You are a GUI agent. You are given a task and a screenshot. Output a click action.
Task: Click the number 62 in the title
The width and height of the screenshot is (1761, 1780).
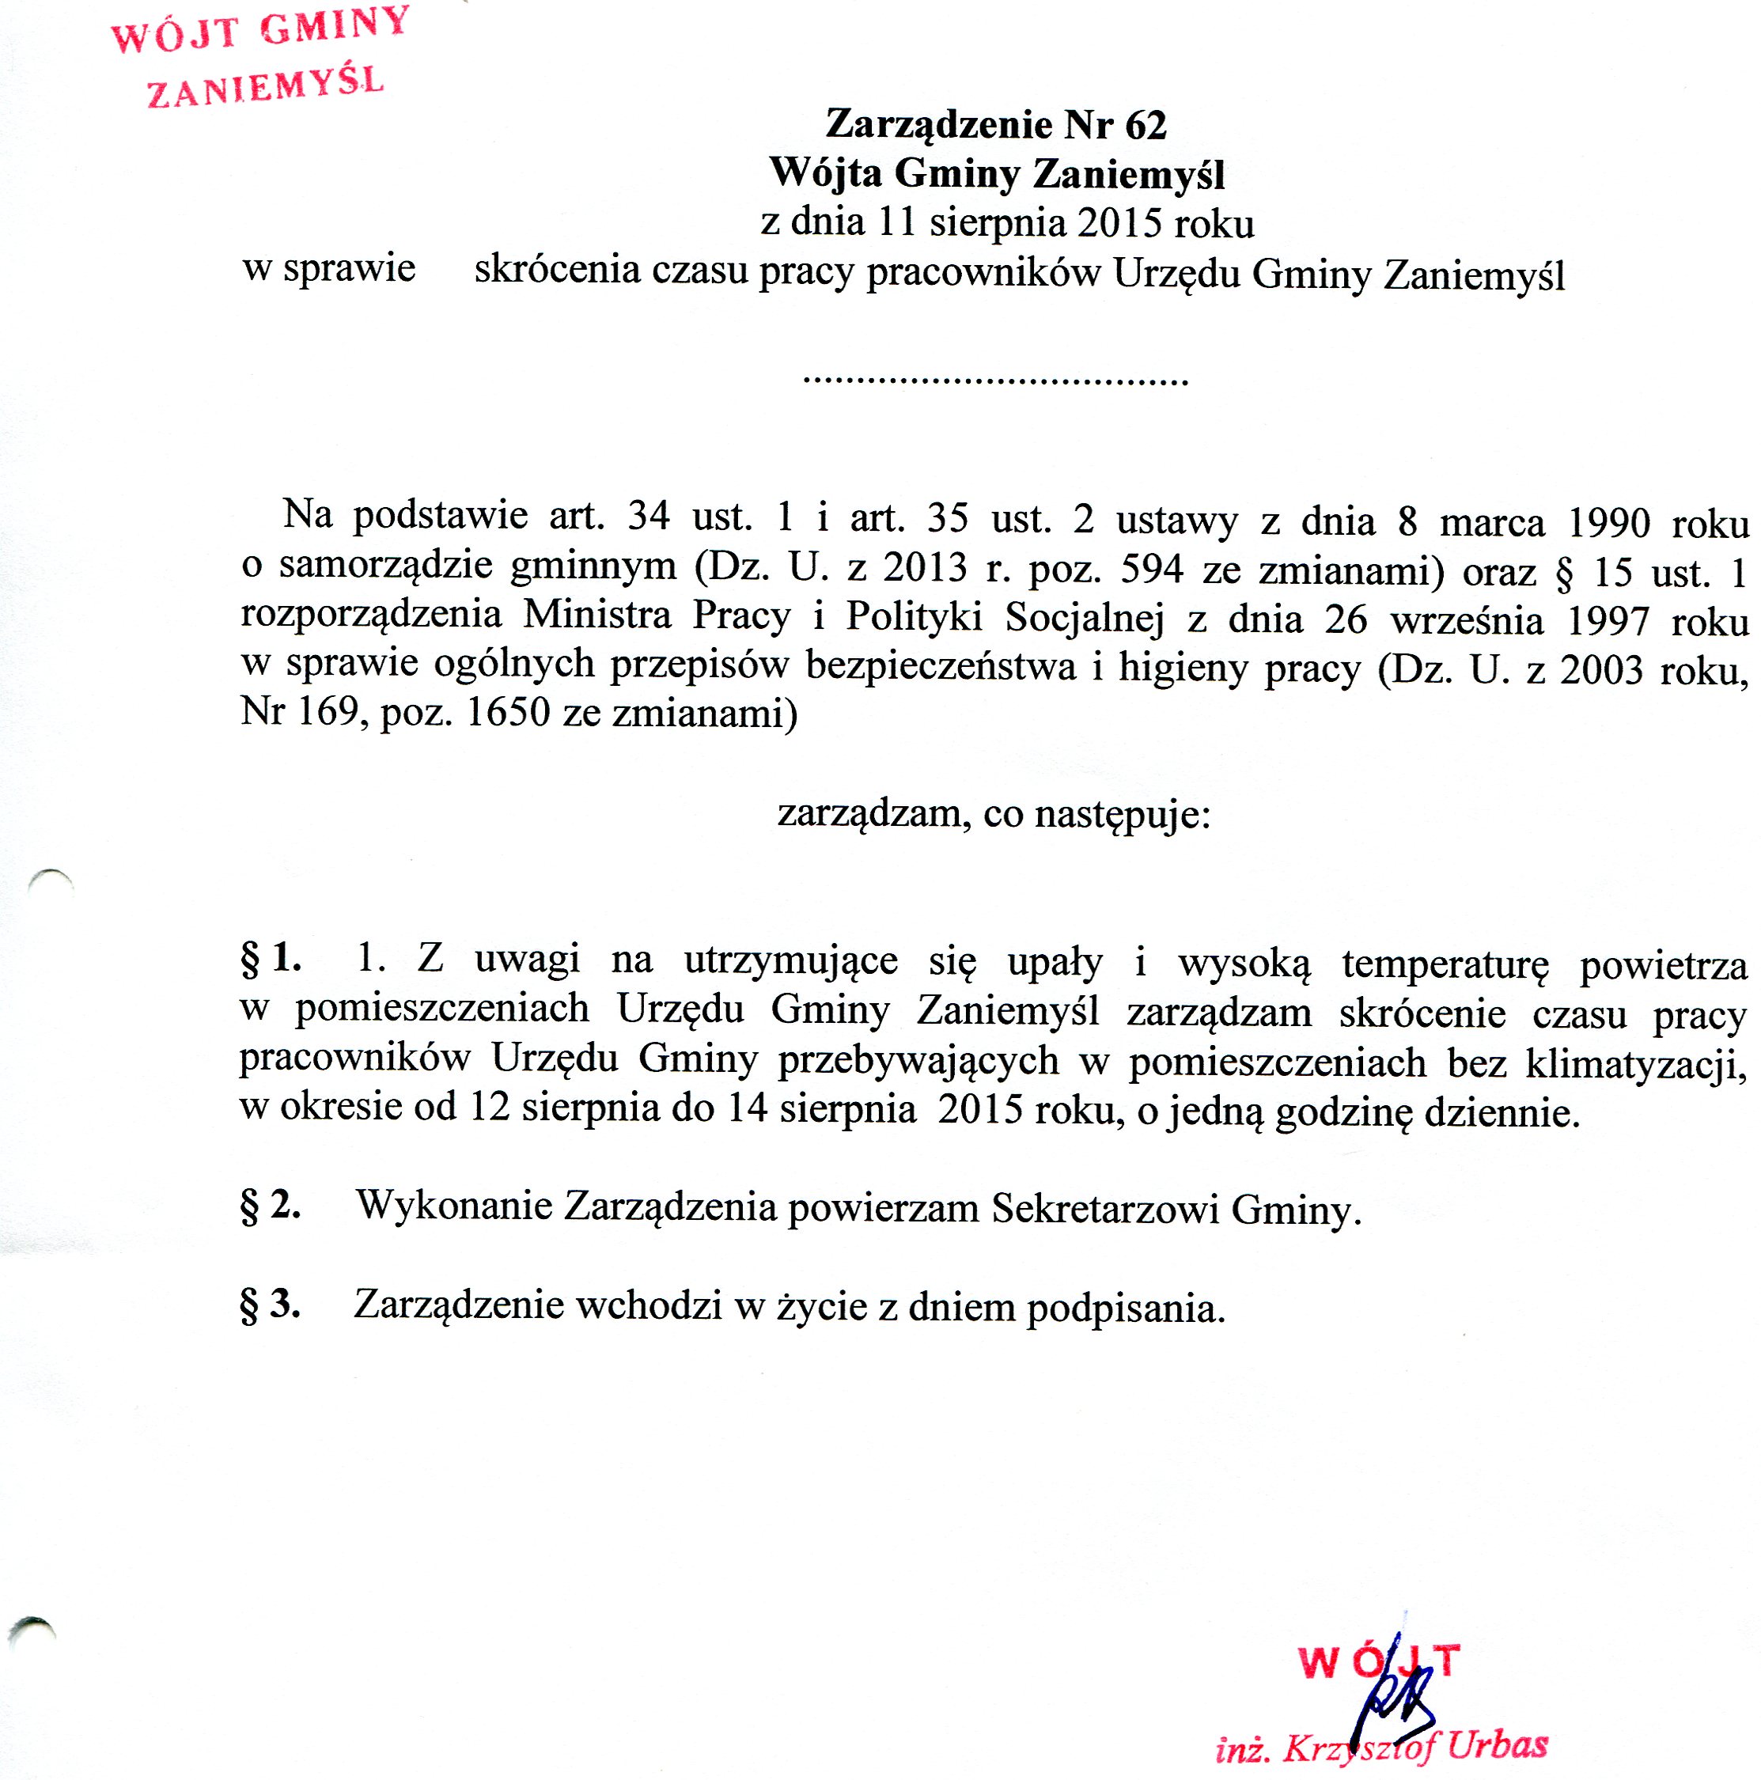(1146, 125)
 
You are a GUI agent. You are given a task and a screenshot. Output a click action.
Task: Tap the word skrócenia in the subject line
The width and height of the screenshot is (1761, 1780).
(557, 270)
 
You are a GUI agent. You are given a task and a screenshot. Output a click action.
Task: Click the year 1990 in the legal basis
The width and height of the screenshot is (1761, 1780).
(1609, 522)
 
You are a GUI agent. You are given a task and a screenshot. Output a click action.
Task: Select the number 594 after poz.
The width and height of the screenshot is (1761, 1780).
(1152, 570)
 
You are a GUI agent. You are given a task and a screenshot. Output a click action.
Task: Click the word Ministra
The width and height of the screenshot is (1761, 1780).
(597, 615)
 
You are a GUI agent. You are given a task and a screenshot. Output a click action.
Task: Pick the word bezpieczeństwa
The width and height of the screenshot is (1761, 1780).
(941, 665)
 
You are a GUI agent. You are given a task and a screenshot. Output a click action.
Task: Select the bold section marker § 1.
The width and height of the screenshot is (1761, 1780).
(270, 959)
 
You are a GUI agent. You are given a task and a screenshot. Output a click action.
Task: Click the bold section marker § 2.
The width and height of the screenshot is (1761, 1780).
(270, 1205)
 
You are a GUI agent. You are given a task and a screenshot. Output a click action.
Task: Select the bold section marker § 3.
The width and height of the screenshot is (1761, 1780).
(270, 1305)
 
